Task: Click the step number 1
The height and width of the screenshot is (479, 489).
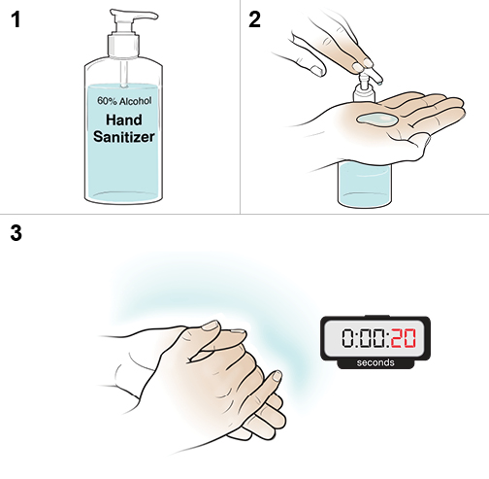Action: click(x=15, y=20)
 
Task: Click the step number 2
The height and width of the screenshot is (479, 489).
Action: click(x=255, y=20)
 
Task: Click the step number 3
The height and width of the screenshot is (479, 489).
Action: click(x=15, y=234)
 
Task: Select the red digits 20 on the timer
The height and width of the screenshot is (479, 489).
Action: click(x=404, y=339)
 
